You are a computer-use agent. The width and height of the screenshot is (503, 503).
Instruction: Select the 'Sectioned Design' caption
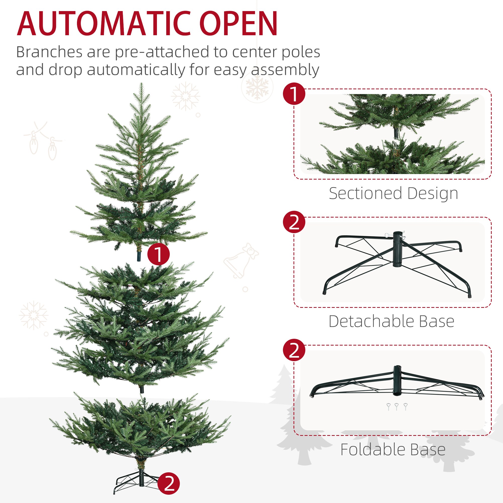(393, 193)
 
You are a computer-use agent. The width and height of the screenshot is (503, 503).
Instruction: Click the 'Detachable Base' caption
(391, 321)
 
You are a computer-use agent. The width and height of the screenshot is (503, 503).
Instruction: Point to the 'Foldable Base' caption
(393, 450)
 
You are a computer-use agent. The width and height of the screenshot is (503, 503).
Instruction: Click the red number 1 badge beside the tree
(158, 254)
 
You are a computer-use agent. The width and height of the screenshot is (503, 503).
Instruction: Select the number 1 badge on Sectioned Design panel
(294, 94)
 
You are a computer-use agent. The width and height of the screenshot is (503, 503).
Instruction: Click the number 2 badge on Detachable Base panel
(294, 222)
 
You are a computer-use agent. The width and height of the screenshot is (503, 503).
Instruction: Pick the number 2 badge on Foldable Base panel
(294, 350)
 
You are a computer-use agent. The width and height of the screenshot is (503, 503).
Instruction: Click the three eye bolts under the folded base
(397, 406)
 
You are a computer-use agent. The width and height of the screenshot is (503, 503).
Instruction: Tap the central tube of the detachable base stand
(397, 249)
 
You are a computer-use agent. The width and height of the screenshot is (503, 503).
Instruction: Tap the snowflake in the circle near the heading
(257, 87)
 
